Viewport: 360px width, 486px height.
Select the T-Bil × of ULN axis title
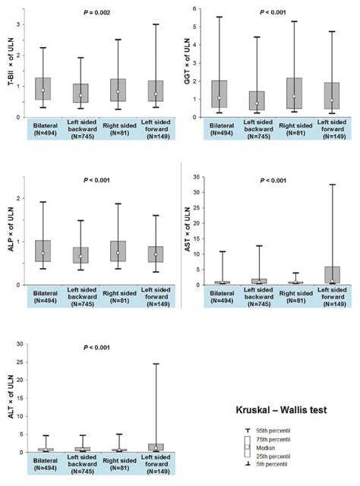point(11,64)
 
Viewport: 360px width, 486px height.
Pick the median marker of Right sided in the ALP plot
point(118,252)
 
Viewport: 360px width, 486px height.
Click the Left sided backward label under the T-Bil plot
point(81,130)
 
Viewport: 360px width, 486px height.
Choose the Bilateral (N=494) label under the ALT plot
point(43,465)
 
